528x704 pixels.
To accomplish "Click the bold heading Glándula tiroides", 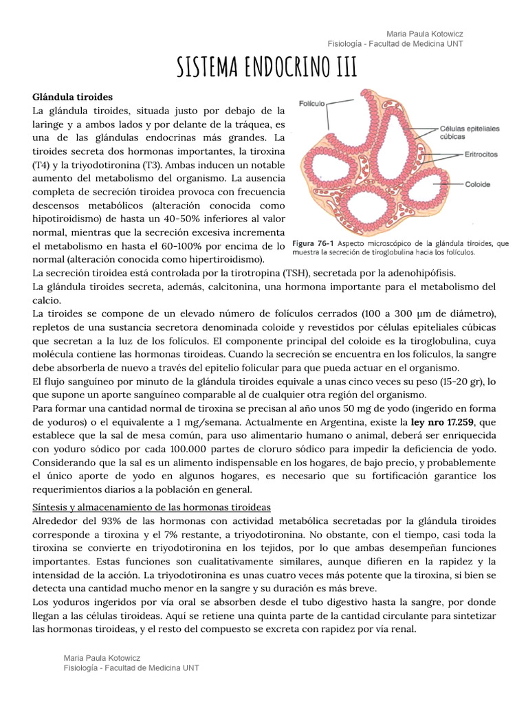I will (73, 97).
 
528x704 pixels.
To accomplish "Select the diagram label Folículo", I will (311, 103).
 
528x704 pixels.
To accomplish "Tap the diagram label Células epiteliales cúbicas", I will (470, 132).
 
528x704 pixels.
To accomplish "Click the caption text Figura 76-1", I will (312, 243).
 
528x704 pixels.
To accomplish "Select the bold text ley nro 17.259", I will (450, 421).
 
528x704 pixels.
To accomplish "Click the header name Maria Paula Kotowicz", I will (426, 34).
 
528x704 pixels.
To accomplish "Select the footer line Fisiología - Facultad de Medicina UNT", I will (131, 668).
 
